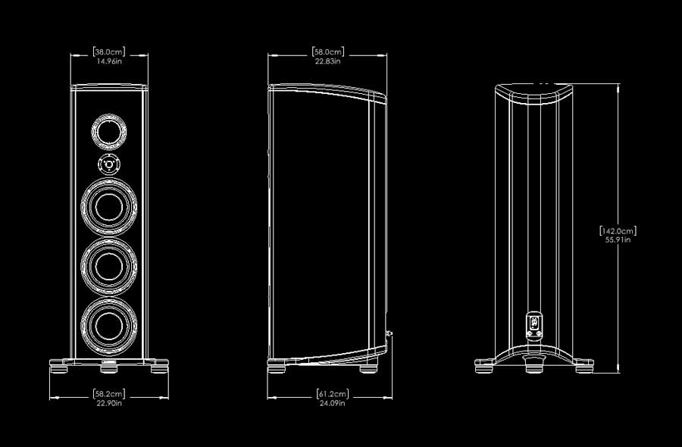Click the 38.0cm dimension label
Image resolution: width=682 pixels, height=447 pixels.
109,52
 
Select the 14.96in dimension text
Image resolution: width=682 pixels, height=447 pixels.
109,61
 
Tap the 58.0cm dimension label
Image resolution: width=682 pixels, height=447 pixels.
328,52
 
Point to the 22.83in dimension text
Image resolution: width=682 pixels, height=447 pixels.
328,61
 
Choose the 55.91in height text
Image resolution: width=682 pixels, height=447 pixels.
618,240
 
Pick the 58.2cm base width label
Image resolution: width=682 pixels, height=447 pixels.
109,394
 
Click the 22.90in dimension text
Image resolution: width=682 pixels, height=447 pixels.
109,404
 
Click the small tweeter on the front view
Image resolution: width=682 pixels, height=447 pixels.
109,163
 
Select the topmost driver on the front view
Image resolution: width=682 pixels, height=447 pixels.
109,130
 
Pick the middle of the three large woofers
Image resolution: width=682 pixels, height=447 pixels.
109,264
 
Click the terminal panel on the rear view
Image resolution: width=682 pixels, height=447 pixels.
533,324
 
